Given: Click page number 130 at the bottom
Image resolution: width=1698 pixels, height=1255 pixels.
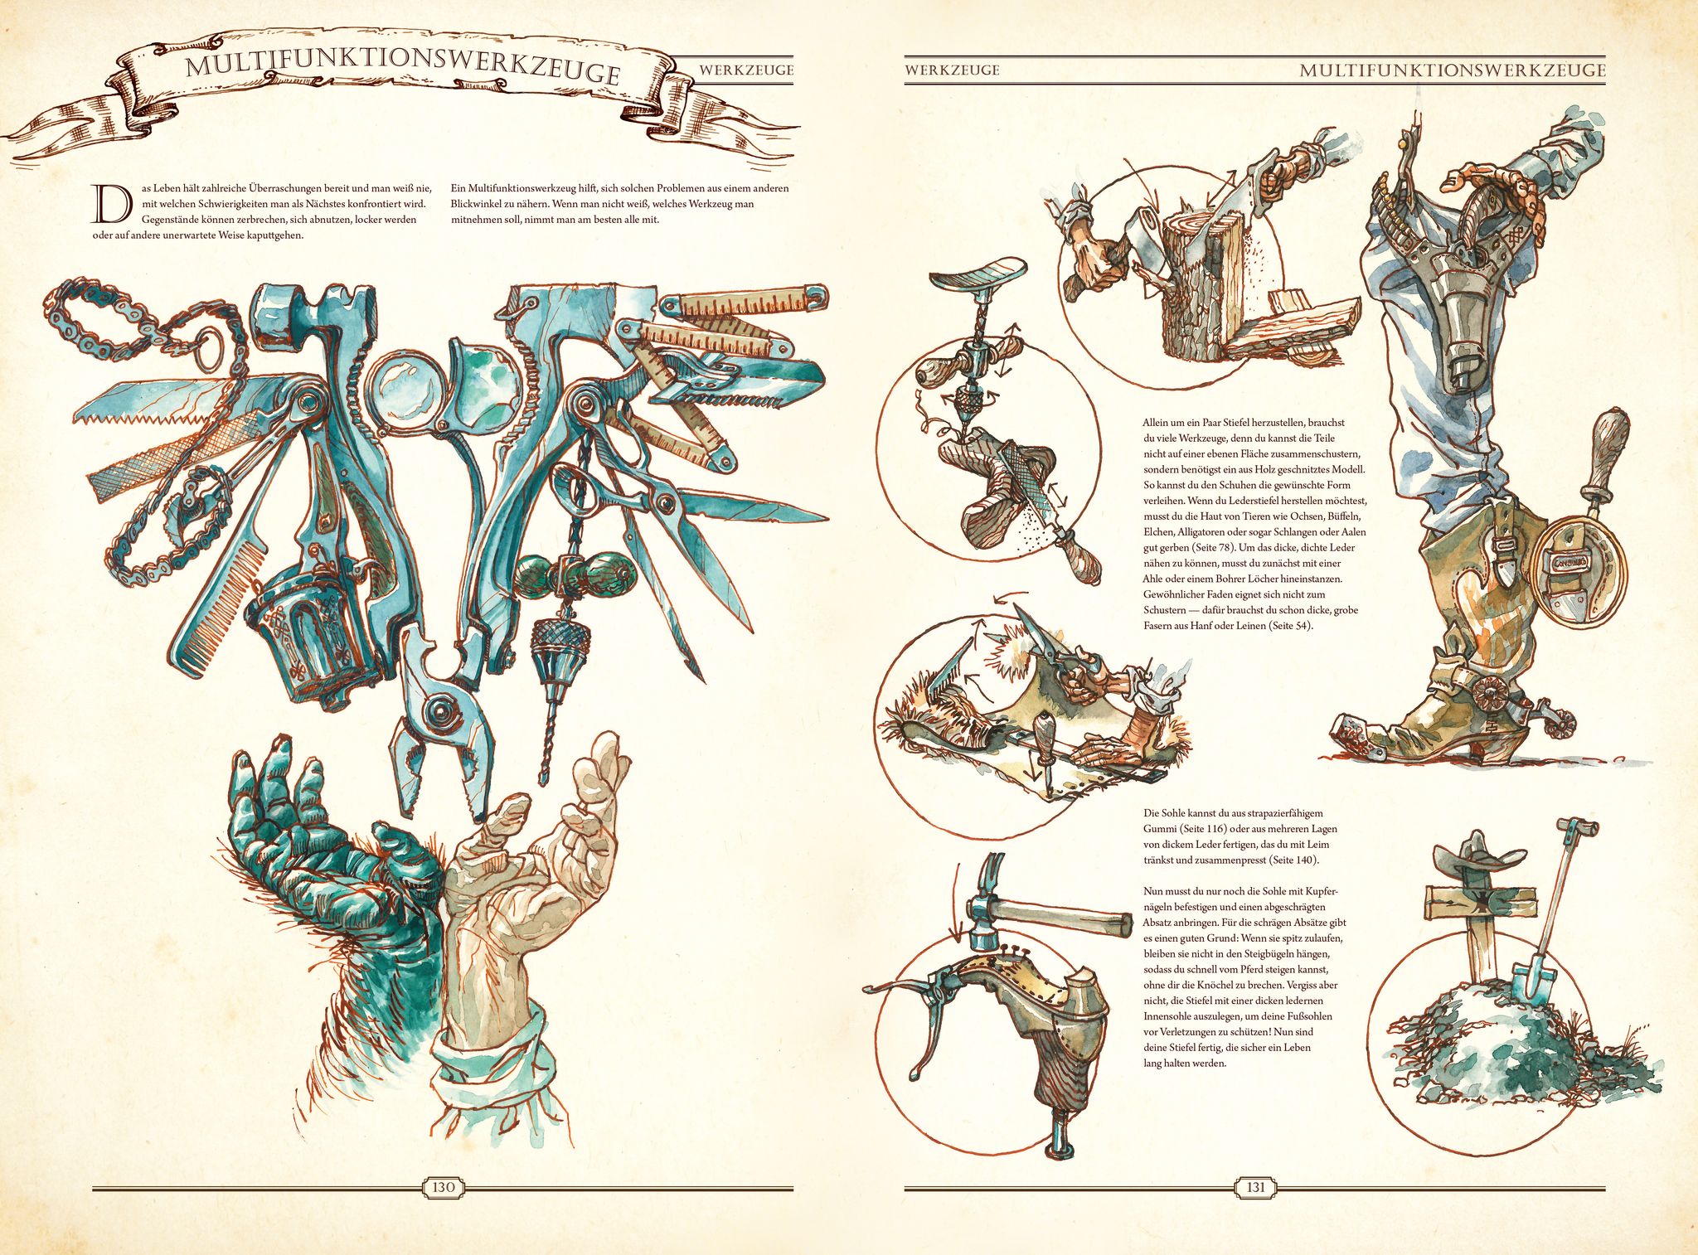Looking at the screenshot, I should (444, 1187).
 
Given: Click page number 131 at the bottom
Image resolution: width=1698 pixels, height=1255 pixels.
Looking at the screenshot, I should (1255, 1187).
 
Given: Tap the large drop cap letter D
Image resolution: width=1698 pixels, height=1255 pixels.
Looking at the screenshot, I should (111, 204).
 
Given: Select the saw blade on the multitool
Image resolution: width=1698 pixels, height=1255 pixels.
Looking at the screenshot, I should (158, 401).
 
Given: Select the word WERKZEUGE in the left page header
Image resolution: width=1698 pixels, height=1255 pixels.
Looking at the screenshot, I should (745, 70).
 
